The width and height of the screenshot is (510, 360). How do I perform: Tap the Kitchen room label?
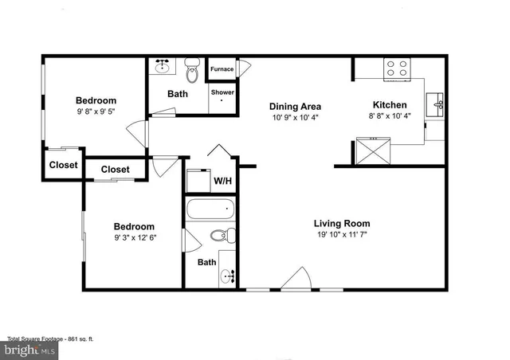[390, 105]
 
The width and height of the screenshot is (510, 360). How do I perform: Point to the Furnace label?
[222, 69]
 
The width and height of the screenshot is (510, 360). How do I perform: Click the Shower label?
[222, 92]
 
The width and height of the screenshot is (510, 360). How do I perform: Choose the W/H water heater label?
[222, 181]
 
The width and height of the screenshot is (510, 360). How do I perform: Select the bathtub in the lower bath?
[211, 211]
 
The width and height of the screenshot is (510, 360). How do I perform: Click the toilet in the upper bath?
[191, 72]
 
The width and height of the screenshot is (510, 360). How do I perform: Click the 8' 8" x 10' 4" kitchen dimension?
[390, 117]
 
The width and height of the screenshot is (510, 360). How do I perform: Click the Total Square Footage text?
[51, 338]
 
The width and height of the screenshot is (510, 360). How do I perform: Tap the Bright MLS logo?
[32, 349]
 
